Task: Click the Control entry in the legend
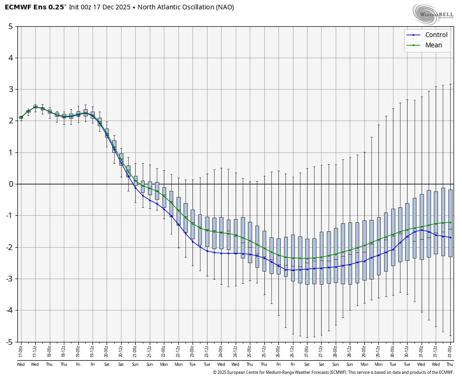[436, 35]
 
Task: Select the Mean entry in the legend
[433, 45]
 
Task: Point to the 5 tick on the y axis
[10, 26]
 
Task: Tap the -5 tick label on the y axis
[9, 342]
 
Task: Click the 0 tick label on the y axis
[10, 184]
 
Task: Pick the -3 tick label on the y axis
[9, 279]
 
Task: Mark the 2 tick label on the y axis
[10, 121]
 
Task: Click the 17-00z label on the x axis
[21, 350]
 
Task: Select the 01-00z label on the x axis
[450, 350]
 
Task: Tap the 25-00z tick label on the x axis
[250, 350]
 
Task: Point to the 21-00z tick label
[135, 350]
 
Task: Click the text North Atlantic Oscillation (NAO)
[185, 7]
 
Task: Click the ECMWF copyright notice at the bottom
[333, 372]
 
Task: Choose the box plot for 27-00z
[307, 261]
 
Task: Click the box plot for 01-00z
[450, 223]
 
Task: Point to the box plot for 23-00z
[192, 224]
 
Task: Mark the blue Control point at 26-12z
[293, 270]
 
